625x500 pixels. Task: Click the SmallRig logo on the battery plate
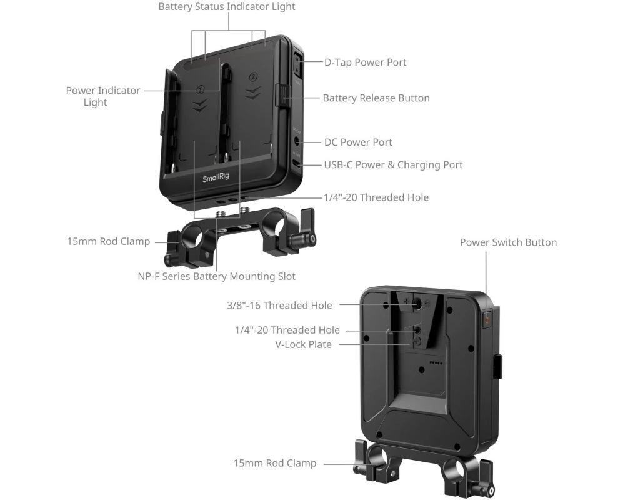point(216,177)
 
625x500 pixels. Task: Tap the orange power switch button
point(487,320)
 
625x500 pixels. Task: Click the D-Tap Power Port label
point(365,62)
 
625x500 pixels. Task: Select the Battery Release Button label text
point(376,98)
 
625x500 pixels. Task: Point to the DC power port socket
point(297,141)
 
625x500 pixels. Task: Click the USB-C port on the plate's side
point(296,164)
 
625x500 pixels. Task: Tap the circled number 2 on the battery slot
point(252,76)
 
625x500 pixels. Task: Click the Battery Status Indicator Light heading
point(227,7)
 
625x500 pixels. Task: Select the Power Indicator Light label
point(103,96)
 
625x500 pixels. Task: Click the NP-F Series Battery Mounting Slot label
point(216,276)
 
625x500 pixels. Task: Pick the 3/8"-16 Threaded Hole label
point(279,306)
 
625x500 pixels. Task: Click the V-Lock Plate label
point(303,344)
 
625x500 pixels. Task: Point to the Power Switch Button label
point(508,242)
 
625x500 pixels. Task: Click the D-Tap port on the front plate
point(297,65)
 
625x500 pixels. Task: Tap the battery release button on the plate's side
point(282,96)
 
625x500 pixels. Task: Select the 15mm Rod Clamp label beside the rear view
point(274,463)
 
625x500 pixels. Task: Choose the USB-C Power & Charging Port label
point(393,164)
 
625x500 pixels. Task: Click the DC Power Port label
point(358,142)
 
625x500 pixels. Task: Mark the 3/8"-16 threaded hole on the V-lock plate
point(417,304)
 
